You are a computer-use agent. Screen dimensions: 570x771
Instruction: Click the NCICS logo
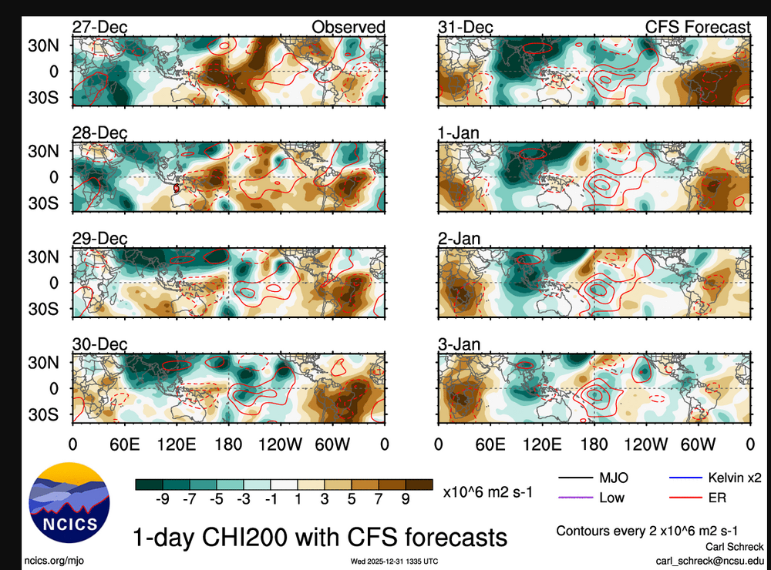tap(69, 500)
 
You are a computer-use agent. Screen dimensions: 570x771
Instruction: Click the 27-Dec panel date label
tap(99, 28)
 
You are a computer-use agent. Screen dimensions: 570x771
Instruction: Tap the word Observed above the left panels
tap(348, 28)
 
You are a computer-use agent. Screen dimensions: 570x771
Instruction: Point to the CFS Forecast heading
tap(698, 28)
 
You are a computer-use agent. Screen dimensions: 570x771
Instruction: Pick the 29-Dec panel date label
tap(99, 239)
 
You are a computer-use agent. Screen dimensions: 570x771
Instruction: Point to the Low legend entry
tap(611, 498)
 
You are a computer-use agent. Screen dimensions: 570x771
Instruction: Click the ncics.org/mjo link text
tap(52, 560)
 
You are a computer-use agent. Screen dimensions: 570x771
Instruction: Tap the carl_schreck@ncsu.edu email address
tap(710, 560)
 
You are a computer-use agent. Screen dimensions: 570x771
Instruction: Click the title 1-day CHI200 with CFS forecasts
tap(320, 535)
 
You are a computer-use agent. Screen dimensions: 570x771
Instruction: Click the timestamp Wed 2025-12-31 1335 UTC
tap(394, 560)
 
